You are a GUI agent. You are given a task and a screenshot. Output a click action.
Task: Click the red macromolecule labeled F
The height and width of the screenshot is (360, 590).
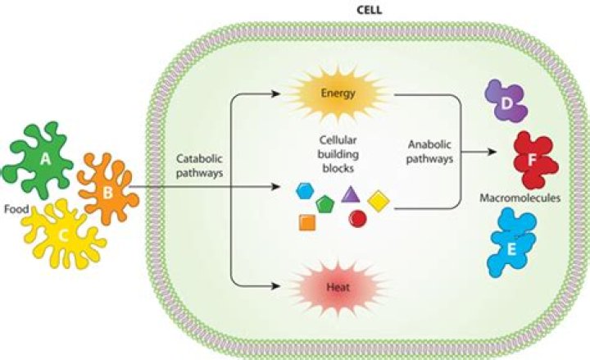533,156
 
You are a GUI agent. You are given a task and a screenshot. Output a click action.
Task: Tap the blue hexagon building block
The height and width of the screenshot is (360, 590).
306,191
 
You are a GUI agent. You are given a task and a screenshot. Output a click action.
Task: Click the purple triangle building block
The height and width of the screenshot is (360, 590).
351,194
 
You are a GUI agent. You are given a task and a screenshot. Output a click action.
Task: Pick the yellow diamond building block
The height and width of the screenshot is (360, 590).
378,199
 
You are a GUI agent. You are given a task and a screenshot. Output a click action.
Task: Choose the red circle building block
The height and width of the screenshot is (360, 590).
357,218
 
